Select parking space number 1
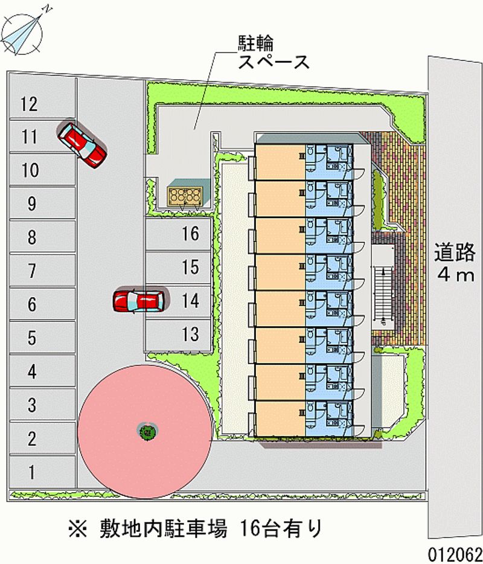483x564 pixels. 42,472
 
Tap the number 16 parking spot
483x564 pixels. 178,234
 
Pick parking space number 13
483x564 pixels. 178,334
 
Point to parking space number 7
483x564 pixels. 42,271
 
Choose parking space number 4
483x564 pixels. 42,371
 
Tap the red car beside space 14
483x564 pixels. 139,301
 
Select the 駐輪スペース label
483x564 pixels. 273,53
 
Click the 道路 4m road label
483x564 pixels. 455,263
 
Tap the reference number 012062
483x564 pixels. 454,554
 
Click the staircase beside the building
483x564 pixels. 382,293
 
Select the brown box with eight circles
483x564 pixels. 185,196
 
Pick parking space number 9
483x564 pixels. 42,203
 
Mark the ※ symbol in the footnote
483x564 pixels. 77,529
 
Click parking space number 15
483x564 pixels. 178,268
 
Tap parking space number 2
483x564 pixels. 42,438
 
